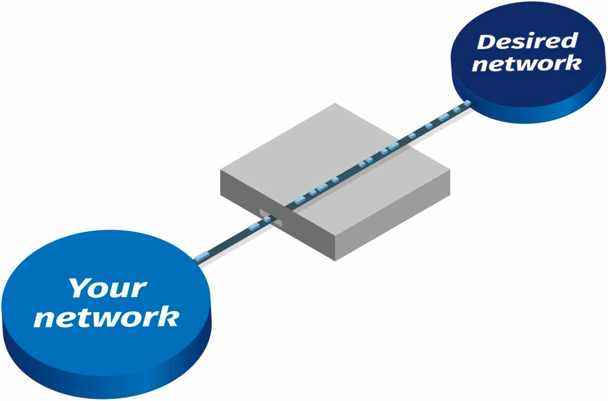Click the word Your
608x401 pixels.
(108, 288)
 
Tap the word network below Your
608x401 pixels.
(107, 317)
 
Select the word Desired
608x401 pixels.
(527, 42)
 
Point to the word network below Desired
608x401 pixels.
(527, 64)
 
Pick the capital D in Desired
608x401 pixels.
(486, 42)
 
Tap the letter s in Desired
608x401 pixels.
(522, 42)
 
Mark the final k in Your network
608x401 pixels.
(169, 317)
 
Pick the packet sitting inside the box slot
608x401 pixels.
(267, 219)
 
